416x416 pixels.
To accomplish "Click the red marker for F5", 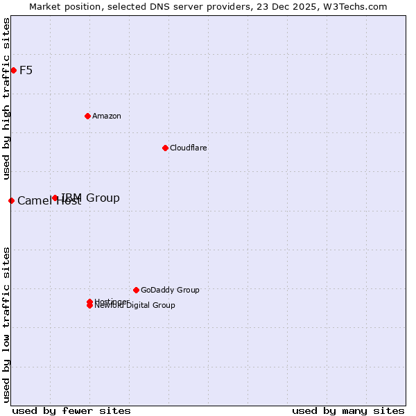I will click(x=13, y=70).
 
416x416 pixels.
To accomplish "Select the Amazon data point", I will click(x=87, y=116).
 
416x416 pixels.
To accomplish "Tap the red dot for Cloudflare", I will click(x=165, y=148).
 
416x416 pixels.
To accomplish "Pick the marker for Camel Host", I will click(x=11, y=200).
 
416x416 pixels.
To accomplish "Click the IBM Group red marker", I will click(x=55, y=198).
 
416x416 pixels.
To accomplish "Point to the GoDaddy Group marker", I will click(x=136, y=290).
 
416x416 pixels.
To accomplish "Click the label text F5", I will click(x=26, y=70).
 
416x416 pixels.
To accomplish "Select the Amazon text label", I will click(x=106, y=116).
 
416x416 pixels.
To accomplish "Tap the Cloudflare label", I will click(x=188, y=148).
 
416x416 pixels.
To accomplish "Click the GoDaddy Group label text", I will click(x=170, y=290).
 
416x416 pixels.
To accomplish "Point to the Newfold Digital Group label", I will click(x=135, y=306).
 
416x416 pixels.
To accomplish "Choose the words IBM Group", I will click(x=91, y=198).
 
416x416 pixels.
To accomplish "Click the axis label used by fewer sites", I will click(x=71, y=410).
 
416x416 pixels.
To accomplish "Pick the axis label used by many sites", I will click(x=348, y=410).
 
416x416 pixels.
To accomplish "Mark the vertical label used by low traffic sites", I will click(x=7, y=324).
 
